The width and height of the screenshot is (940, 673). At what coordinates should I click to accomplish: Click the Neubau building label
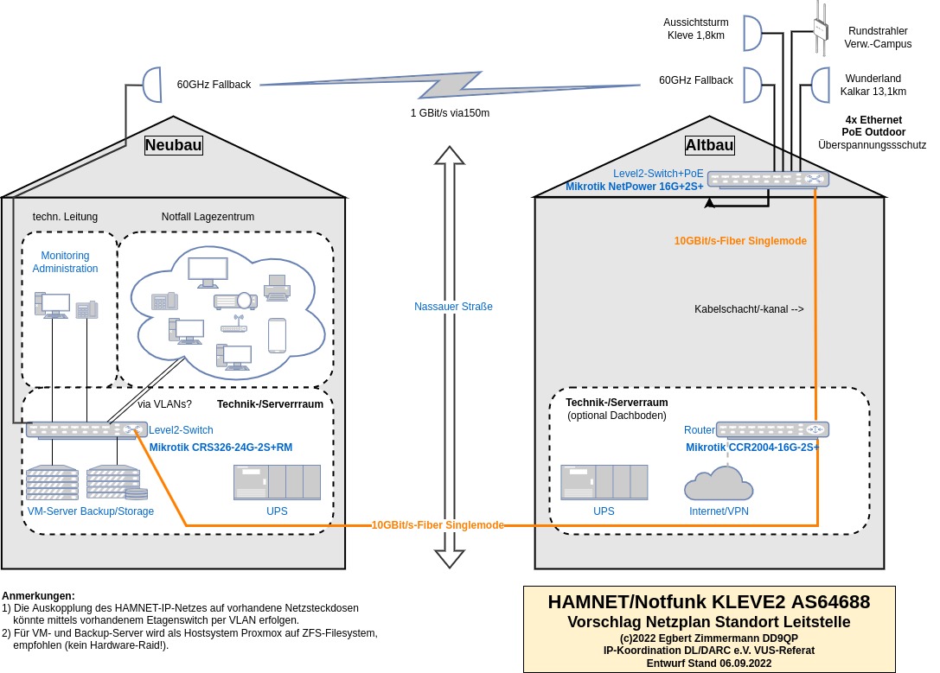coord(173,145)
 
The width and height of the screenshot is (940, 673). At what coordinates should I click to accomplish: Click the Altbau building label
coord(709,145)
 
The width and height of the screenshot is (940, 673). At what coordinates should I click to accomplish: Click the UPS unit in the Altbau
coord(604,482)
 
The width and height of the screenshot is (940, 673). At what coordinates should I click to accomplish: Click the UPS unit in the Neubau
coord(277,482)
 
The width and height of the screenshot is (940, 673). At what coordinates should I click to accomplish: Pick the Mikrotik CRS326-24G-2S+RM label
coord(221,448)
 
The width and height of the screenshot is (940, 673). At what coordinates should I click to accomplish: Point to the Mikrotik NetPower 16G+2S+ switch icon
coord(768,179)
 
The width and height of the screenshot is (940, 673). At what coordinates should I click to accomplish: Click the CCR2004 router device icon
coord(772,429)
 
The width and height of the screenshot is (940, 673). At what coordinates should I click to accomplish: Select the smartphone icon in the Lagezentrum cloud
coord(277,335)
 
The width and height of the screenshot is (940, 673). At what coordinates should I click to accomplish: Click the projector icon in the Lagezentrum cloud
coord(235,301)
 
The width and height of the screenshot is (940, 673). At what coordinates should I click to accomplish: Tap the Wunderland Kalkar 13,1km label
coord(873,85)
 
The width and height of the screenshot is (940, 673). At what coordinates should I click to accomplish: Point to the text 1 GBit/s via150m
coord(450,113)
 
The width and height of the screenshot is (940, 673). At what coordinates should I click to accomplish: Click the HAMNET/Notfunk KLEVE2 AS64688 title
coord(709,602)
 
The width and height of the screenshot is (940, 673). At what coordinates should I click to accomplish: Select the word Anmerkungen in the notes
coord(38,596)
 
